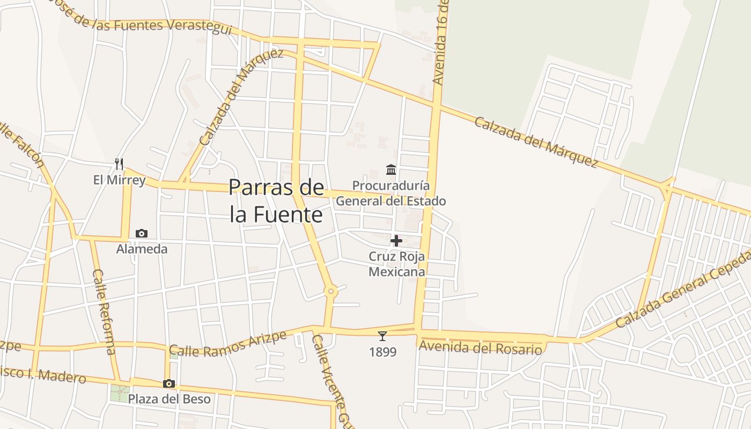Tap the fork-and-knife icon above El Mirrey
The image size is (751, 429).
(120, 164)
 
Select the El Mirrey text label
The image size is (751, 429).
(119, 180)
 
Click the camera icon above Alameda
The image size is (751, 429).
(142, 233)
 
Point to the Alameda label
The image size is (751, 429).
(142, 249)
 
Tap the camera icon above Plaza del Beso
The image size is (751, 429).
(169, 383)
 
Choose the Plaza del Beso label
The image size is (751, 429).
(169, 399)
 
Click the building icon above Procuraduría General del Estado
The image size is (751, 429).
(391, 170)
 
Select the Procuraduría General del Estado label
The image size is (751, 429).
(391, 193)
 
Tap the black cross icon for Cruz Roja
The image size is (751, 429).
(396, 241)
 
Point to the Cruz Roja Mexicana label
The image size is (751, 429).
(397, 264)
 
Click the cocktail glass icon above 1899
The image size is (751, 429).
(382, 336)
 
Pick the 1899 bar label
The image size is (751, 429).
(382, 352)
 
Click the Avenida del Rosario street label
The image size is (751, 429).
(480, 347)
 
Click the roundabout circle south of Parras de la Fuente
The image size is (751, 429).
(331, 292)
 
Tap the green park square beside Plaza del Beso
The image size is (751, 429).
(120, 393)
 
